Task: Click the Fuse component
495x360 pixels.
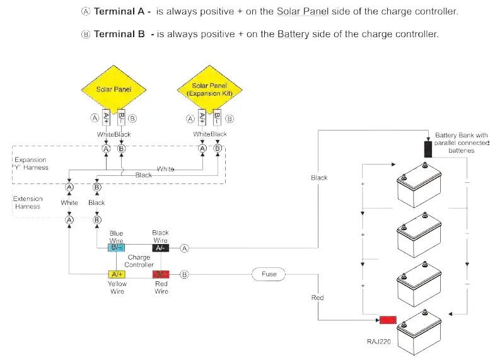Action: (x=269, y=274)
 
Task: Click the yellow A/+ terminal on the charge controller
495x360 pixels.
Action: (x=117, y=274)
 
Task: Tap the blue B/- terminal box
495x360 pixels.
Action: (x=117, y=248)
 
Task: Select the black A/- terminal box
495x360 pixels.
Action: (x=161, y=248)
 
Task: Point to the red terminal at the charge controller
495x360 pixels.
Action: (x=161, y=274)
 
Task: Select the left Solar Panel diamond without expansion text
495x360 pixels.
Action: (x=113, y=90)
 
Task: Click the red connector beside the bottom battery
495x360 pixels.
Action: (x=387, y=320)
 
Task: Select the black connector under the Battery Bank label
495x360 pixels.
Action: (x=428, y=148)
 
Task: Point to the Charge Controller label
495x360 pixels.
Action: (x=139, y=261)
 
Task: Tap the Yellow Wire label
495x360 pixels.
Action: (x=117, y=287)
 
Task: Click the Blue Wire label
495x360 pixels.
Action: (x=117, y=236)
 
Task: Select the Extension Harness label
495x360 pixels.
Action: (x=28, y=202)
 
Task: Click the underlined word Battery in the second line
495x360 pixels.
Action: (x=293, y=33)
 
